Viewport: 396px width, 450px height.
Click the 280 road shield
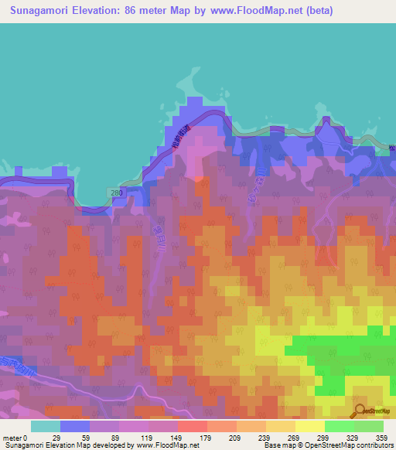click(x=116, y=191)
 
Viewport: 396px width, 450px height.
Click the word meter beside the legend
click(x=12, y=438)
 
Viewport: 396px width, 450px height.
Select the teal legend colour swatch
click(x=45, y=426)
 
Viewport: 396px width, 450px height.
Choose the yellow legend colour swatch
click(x=309, y=426)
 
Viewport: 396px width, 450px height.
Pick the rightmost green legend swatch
click(x=368, y=426)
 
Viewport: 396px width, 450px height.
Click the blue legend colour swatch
click(x=74, y=426)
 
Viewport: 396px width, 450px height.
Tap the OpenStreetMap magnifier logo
click(x=360, y=411)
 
